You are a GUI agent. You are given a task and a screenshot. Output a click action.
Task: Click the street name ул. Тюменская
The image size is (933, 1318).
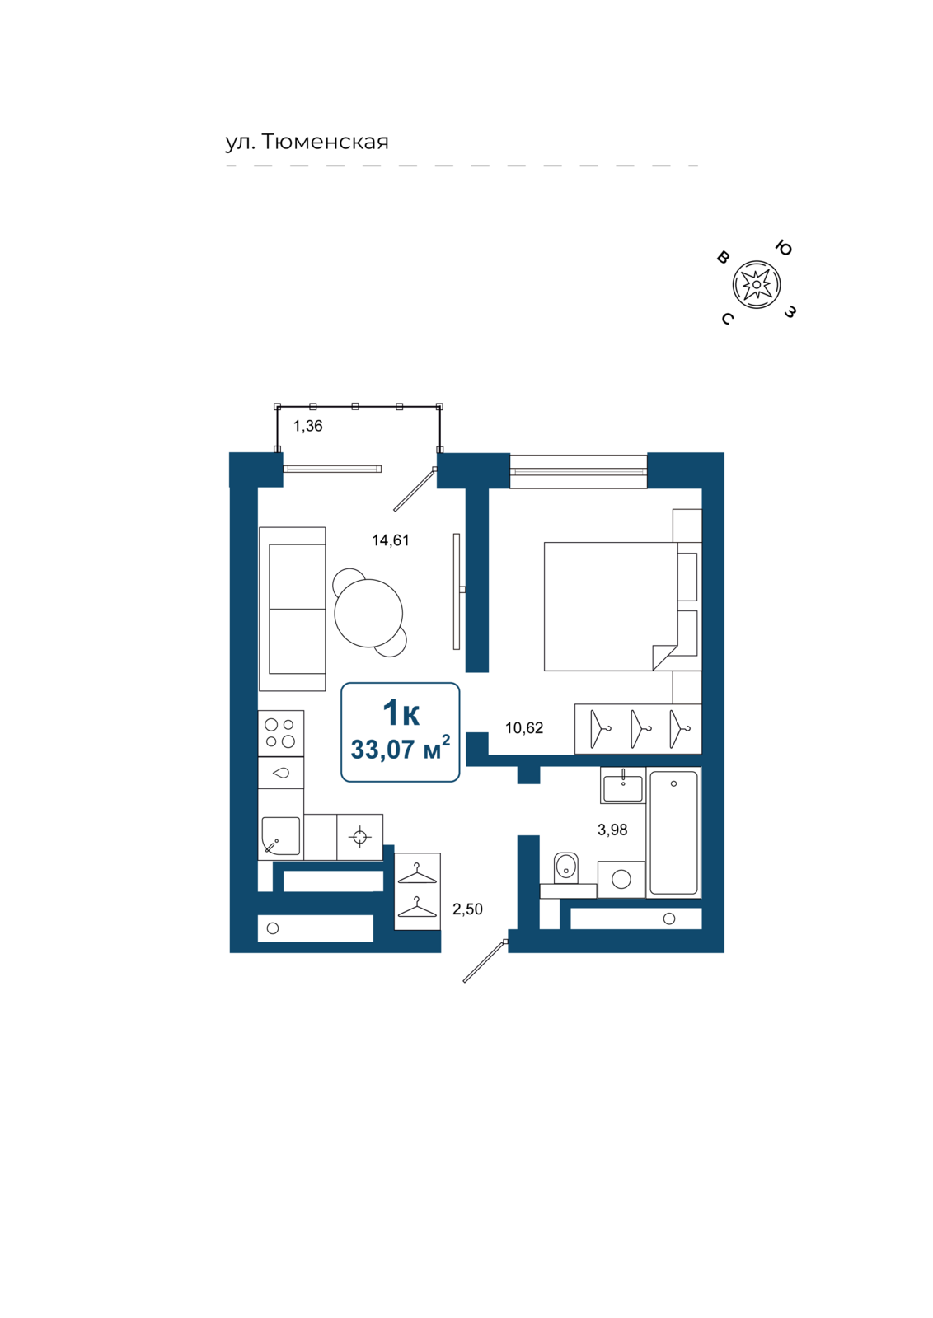tap(307, 142)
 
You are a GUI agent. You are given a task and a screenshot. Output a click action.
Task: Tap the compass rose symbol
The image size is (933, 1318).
tap(757, 285)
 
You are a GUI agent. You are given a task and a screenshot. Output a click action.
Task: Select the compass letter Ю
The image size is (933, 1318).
tap(783, 248)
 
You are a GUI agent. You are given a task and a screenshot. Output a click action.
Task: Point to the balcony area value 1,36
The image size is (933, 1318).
tap(308, 426)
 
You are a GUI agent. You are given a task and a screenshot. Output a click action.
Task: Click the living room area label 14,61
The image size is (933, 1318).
tap(391, 540)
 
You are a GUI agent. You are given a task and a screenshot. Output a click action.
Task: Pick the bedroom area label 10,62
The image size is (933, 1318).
tap(524, 728)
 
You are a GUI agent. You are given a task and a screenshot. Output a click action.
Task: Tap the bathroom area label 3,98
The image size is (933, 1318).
tap(612, 830)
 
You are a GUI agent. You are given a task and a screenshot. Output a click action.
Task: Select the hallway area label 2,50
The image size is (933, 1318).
tap(467, 909)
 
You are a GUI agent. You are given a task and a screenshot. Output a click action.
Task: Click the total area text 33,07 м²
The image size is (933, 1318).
tap(401, 750)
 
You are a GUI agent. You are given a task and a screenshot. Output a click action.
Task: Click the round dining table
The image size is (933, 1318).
tap(368, 613)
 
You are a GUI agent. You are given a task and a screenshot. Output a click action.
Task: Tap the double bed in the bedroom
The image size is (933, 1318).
tap(611, 606)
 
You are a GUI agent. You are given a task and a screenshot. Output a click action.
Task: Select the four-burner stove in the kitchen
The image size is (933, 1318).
tap(281, 733)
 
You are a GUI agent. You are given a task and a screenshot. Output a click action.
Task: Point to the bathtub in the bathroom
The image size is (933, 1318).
tap(673, 833)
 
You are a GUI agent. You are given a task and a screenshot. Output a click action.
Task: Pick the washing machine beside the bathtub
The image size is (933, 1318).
tap(621, 880)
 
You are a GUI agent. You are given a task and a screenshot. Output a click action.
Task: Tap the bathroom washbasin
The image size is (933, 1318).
tap(623, 786)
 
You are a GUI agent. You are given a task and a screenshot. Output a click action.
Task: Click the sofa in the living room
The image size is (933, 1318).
tap(292, 609)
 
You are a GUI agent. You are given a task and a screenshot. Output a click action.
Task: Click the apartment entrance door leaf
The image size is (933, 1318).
tap(485, 960)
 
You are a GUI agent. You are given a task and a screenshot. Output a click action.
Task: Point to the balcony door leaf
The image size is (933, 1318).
tap(415, 489)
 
